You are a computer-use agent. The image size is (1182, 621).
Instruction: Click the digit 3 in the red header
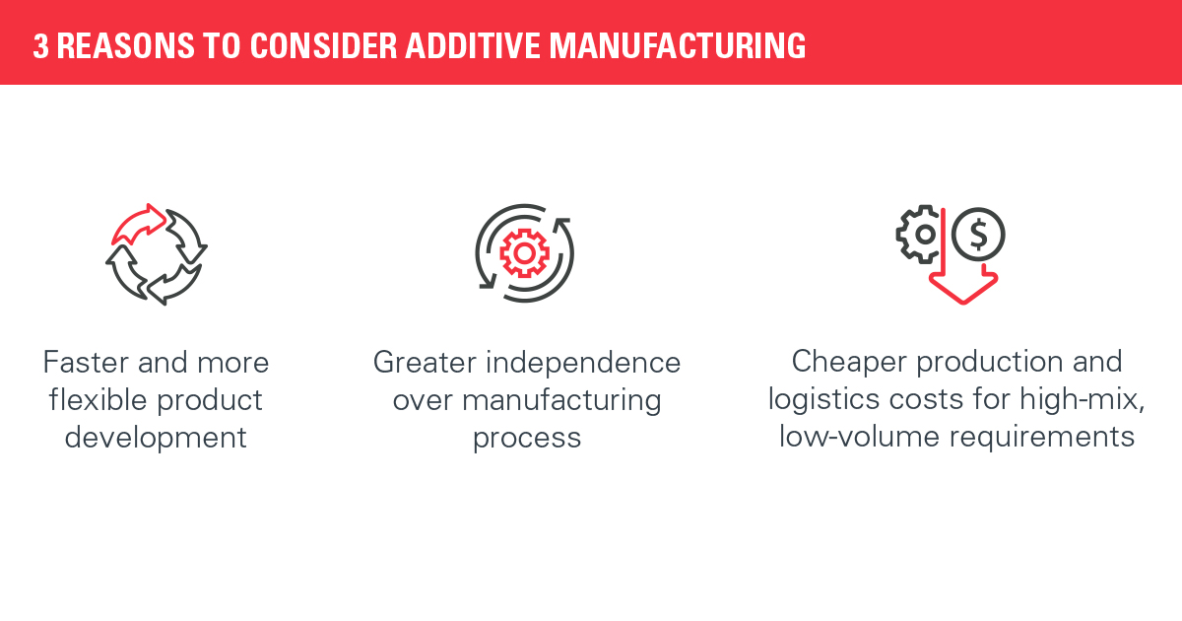click(40, 46)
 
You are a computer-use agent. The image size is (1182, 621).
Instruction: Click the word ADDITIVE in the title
click(473, 46)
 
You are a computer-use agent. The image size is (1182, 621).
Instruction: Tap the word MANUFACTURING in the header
click(678, 46)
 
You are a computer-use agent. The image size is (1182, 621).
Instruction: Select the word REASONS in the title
click(126, 46)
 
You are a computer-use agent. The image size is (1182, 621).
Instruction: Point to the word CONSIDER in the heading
click(323, 46)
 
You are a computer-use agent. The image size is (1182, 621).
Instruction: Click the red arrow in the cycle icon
click(139, 225)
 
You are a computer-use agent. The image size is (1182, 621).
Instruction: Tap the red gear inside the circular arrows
click(524, 253)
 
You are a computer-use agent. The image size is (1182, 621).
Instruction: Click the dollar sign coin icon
click(978, 234)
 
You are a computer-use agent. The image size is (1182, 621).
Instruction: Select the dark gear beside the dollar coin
click(919, 234)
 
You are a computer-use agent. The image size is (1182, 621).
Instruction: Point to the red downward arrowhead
click(963, 288)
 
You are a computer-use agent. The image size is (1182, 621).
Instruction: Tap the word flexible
click(98, 400)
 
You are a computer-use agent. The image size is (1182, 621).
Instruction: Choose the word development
click(156, 439)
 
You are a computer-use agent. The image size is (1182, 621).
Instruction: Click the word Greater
click(425, 363)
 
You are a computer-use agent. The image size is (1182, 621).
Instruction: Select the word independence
click(583, 363)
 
